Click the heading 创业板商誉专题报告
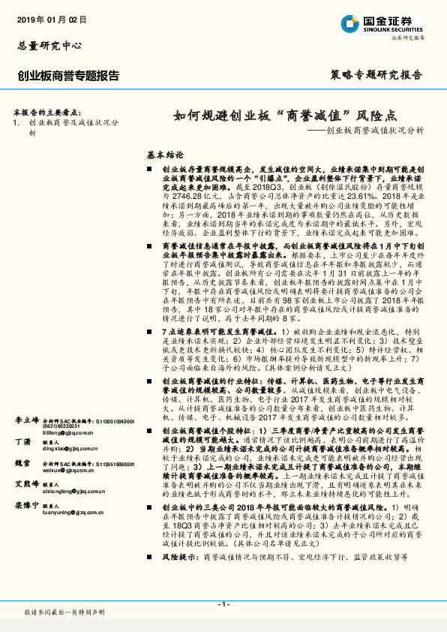coord(69,75)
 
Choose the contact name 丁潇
coord(22,443)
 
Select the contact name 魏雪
coord(22,464)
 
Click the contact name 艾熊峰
coord(26,484)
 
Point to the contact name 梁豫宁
coord(26,505)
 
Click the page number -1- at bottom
coord(223,604)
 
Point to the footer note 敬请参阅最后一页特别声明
coord(64,612)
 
